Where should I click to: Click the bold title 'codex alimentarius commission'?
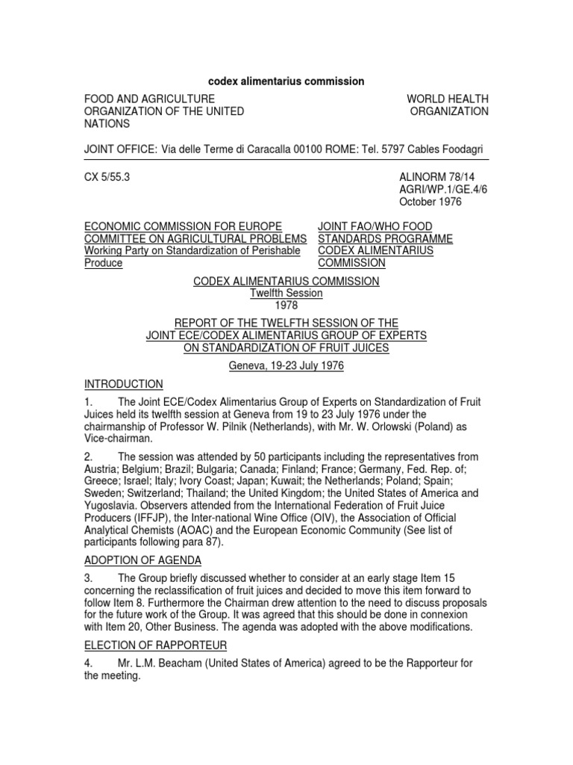[x=286, y=81]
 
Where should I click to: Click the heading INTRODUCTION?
[x=123, y=384]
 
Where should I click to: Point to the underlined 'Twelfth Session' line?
[x=286, y=294]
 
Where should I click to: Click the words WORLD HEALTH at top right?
[x=447, y=99]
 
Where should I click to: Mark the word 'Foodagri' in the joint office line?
[x=466, y=150]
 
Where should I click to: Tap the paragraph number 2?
[x=87, y=456]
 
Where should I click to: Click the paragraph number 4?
[x=87, y=663]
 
